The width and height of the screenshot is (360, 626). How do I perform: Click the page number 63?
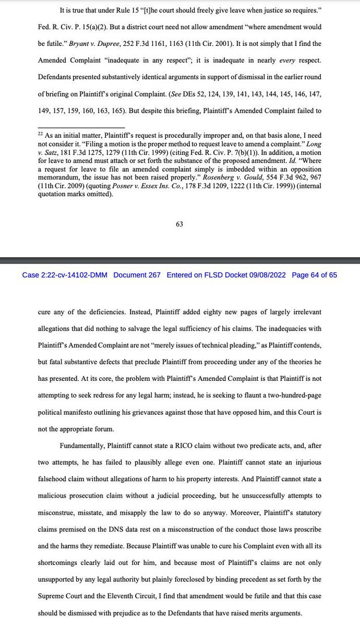coord(179,224)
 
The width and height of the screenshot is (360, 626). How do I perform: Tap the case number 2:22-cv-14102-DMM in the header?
coord(65,275)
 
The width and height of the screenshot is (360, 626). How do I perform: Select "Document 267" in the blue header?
coord(137,275)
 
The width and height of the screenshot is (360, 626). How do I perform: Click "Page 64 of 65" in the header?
coord(315,275)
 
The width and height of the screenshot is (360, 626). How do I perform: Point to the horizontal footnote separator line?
coord(81,127)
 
